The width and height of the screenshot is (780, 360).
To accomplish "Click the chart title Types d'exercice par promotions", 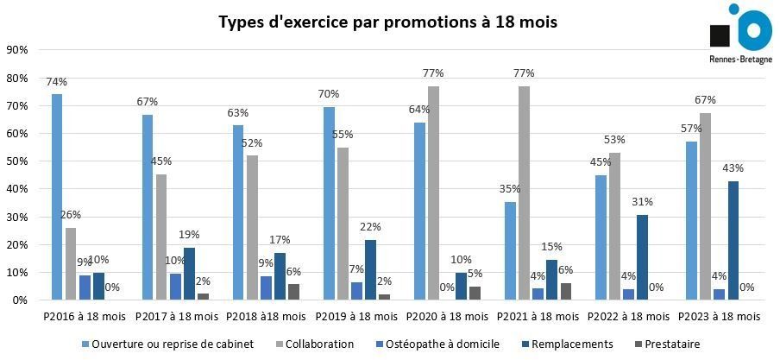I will point(387,22).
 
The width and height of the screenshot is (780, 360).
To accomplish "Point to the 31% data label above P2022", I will point(642,202).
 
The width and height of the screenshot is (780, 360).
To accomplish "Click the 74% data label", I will point(57,82).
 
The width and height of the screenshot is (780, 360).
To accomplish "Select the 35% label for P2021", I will point(509,190).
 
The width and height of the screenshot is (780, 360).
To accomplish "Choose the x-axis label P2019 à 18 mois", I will point(355,318).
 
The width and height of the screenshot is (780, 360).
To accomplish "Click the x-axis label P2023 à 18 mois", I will point(718,318).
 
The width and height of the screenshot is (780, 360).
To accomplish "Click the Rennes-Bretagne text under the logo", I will point(739,60).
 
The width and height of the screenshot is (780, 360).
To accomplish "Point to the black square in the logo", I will point(720,35).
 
